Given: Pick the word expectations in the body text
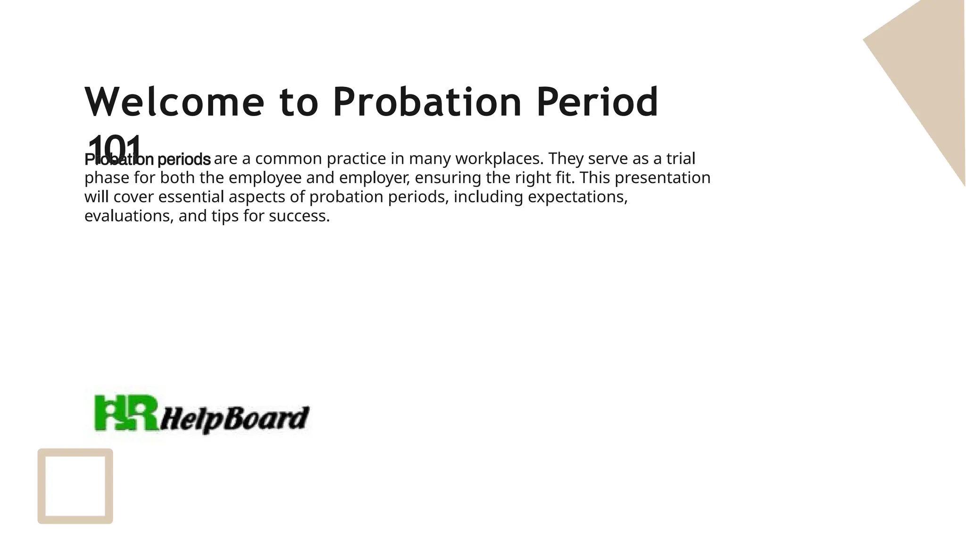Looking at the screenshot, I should (x=577, y=197).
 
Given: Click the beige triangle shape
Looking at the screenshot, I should (x=924, y=71).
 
